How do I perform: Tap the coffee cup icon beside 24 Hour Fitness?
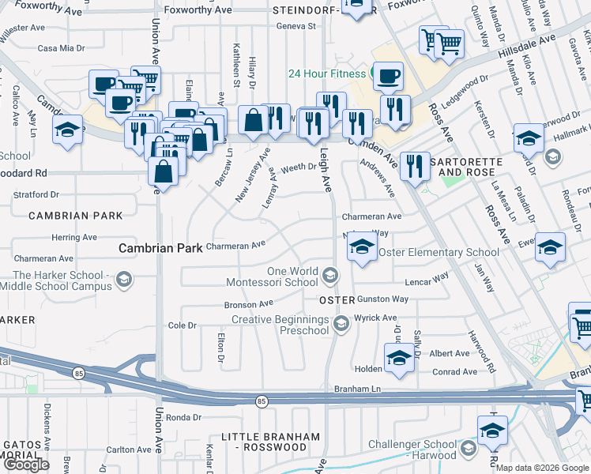click(x=388, y=77)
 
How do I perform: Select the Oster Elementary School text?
click(x=439, y=252)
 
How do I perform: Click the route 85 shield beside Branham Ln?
click(x=262, y=401)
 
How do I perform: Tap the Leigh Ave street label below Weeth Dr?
click(x=325, y=171)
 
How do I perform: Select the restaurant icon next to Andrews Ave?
click(x=414, y=165)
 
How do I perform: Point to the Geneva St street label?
click(x=296, y=25)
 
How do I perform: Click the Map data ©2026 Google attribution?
click(x=542, y=468)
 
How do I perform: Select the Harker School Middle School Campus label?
click(x=59, y=280)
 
